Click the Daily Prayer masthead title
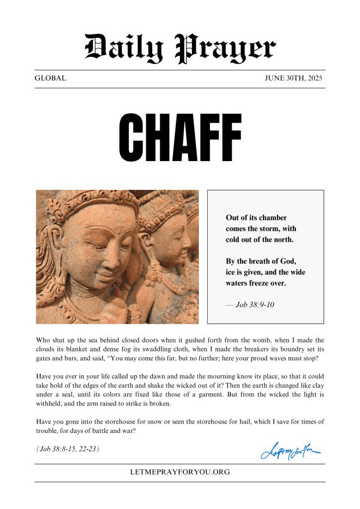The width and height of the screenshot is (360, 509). click(x=180, y=48)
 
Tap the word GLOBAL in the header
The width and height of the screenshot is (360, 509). click(x=50, y=79)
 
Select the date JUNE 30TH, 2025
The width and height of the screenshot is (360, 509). click(x=293, y=79)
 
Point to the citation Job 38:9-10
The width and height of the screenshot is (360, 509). click(x=255, y=304)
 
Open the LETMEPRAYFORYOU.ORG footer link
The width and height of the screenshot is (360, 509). click(x=180, y=472)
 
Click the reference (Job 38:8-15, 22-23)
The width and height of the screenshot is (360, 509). click(x=68, y=449)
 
